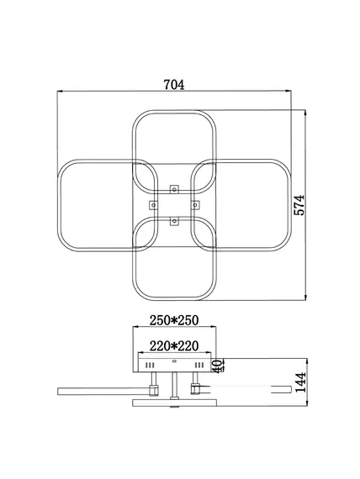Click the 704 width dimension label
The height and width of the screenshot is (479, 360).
pos(174,85)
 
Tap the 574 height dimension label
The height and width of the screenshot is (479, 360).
pos(299,205)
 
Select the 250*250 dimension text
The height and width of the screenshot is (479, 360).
pos(174,320)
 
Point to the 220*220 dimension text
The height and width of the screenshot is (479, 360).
pos(174,346)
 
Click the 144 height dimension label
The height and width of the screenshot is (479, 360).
pos(299,382)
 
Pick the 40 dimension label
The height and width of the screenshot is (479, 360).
pos(218,366)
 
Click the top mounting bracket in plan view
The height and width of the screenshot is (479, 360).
pos(174,189)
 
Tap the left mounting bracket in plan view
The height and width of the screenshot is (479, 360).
pos(154,205)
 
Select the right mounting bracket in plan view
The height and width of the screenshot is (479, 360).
pos(195,205)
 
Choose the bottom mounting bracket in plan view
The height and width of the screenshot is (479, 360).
pos(174,220)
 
